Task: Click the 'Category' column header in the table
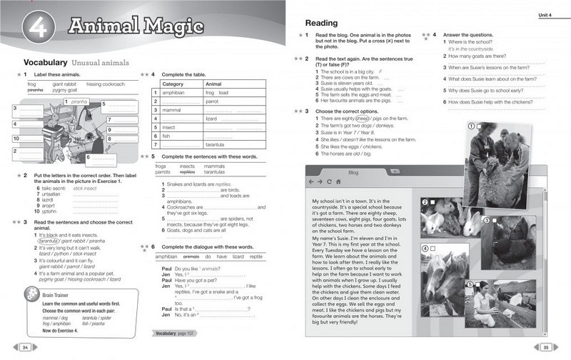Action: click(174, 84)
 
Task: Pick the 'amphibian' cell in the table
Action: click(174, 93)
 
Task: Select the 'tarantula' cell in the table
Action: click(216, 144)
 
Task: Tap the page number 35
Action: click(544, 347)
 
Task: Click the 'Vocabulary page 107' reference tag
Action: click(174, 334)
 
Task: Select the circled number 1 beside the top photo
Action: click(471, 126)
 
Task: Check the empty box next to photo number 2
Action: click(433, 203)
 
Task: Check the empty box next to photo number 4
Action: click(433, 248)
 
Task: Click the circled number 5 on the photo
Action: click(470, 284)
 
